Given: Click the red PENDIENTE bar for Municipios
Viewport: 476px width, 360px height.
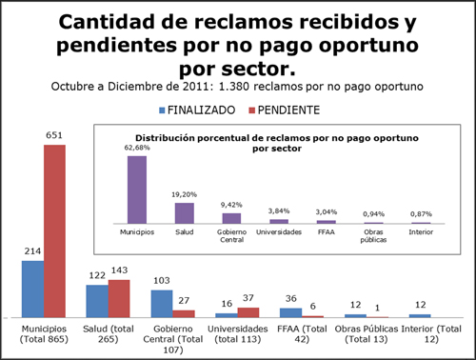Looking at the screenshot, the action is tap(54, 231).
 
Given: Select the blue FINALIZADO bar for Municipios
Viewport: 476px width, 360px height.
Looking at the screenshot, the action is tap(32, 290).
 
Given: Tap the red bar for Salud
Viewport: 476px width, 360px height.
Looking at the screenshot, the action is tap(119, 299).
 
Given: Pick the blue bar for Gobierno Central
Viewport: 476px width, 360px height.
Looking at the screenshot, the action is tap(162, 304).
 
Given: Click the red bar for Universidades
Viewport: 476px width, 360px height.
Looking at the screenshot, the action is tap(248, 312).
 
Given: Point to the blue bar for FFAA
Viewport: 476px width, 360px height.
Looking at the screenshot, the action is tap(290, 312).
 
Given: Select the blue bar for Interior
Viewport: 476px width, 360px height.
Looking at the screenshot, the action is tap(420, 316).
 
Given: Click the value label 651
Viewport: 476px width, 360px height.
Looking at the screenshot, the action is tap(54, 135).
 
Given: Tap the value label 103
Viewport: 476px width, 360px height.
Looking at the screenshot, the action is tap(162, 281).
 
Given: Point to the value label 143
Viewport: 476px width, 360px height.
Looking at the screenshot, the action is tap(119, 270).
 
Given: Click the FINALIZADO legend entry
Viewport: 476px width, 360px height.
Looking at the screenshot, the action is tap(197, 110).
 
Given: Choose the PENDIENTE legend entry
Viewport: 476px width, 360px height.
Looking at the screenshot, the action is tap(285, 110).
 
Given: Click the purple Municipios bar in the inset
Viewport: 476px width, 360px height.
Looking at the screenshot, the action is tap(137, 190).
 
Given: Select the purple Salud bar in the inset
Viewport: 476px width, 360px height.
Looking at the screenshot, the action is tap(185, 213).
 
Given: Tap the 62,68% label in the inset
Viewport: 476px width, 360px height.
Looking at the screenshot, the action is tap(137, 148).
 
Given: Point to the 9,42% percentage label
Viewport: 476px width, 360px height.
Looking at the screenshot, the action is tap(231, 205).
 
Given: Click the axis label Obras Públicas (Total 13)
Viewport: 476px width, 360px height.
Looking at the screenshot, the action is tap(367, 334).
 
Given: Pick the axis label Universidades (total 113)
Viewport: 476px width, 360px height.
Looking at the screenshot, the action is tap(238, 334).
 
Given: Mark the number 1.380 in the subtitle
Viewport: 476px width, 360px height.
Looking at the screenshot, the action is tap(234, 87).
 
